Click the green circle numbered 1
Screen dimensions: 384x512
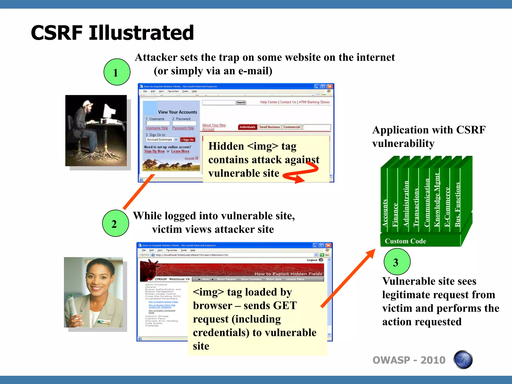pos(117,72)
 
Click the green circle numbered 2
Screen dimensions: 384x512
pos(115,223)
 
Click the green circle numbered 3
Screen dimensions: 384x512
pos(397,262)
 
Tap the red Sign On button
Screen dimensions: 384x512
pos(187,140)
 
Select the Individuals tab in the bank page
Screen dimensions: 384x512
pos(247,127)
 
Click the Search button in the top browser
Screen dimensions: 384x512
pos(241,102)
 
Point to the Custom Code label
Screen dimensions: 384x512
pos(405,241)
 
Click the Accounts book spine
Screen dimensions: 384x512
pos(384,212)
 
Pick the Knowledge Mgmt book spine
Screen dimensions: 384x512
pos(436,200)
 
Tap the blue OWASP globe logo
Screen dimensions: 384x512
pos(463,360)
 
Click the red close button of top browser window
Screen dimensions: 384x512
pos(330,86)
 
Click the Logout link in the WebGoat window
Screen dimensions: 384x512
pos(312,260)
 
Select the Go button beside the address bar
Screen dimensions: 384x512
pos(325,255)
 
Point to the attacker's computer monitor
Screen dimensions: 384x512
pos(109,111)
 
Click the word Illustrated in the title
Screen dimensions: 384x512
pos(141,33)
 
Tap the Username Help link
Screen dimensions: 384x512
pos(157,128)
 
